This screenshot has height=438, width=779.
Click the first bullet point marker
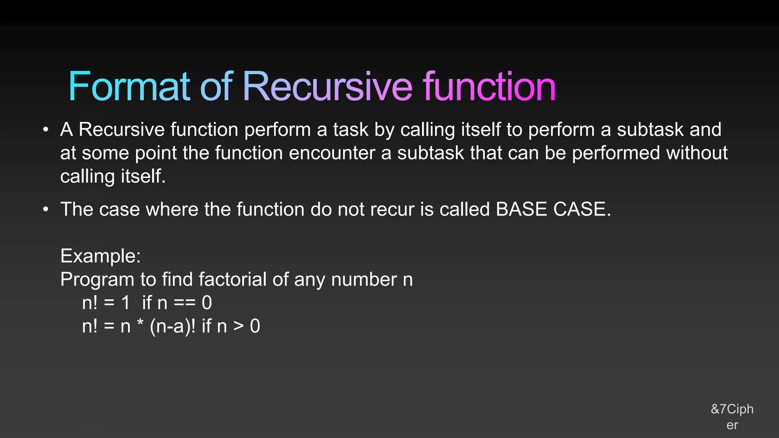click(46, 130)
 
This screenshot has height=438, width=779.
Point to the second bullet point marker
click(46, 209)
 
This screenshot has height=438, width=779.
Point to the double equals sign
click(184, 303)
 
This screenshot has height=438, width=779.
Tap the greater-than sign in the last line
click(238, 326)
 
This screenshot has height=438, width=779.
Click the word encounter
click(332, 153)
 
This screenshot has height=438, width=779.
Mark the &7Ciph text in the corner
click(732, 409)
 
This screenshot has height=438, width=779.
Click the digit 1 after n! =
click(126, 303)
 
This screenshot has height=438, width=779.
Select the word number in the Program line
click(364, 279)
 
